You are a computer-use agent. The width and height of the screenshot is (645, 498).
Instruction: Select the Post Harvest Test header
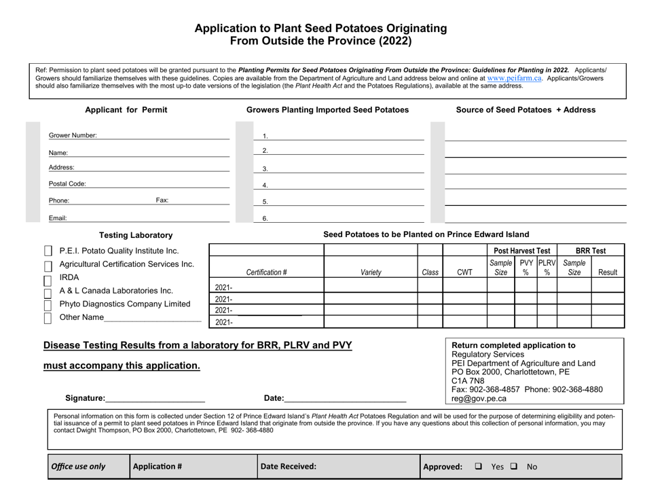(x=521, y=251)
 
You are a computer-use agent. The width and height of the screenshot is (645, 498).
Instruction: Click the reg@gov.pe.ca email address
(x=479, y=399)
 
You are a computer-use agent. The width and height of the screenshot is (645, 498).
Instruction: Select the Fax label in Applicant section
(x=162, y=200)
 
